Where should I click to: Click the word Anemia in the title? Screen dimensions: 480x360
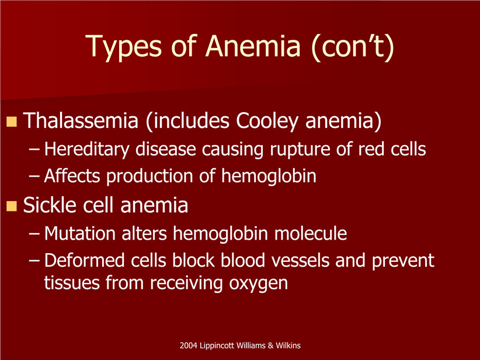[x=253, y=46]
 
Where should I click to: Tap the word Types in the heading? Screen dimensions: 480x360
[x=123, y=48]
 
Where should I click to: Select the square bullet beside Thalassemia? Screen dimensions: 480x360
[x=11, y=122]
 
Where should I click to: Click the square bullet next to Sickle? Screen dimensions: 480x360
[x=11, y=206]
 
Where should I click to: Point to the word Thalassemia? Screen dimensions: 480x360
[x=81, y=120]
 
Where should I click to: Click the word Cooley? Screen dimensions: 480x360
[x=267, y=122]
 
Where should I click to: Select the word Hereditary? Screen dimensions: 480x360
[x=87, y=150]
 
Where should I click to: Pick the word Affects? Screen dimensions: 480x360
[x=72, y=176]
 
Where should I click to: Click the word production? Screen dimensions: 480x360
[x=150, y=177]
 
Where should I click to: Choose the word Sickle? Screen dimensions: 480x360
[x=50, y=205]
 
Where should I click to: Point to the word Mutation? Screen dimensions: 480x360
[x=80, y=233]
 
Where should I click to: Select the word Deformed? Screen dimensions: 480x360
[x=85, y=261]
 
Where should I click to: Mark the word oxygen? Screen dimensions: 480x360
[x=258, y=284]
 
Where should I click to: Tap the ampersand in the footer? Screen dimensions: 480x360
[x=270, y=345]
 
